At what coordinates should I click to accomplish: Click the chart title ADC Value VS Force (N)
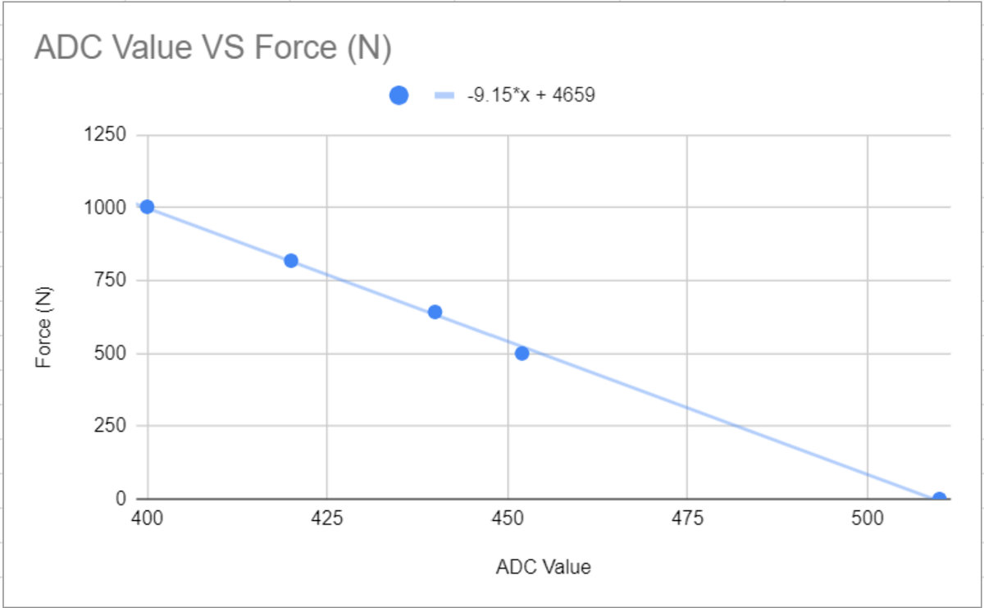coord(212,48)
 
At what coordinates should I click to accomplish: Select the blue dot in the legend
coord(399,95)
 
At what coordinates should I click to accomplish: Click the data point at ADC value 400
coord(147,207)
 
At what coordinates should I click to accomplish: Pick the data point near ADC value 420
coord(290,261)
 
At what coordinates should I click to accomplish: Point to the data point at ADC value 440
coord(435,312)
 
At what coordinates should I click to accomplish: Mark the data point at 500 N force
coord(522,353)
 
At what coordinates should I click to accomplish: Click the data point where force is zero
coord(939,498)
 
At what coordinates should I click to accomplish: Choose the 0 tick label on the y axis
coord(121,499)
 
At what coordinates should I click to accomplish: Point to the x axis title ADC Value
coord(543,567)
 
